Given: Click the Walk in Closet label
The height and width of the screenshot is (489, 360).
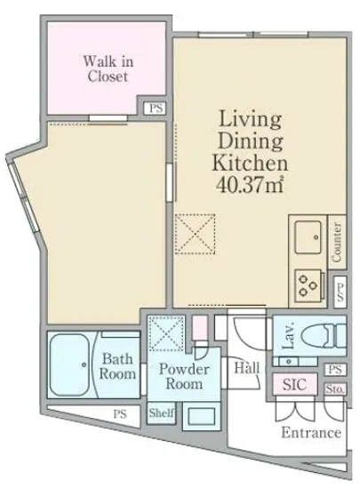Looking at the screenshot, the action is click(108, 69).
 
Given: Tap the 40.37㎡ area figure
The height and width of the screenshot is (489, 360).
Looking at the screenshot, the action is click(250, 185).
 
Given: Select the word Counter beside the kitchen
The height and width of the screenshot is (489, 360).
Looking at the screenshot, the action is click(337, 242).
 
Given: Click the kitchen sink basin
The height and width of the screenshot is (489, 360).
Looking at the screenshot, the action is click(308, 237).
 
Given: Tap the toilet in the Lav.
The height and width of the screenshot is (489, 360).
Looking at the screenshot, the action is click(324, 335).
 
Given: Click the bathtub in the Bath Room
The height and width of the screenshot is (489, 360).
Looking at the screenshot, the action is click(70, 365).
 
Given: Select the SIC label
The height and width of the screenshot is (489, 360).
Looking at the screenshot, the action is click(294, 384).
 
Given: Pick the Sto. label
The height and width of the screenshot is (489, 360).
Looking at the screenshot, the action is click(335, 389).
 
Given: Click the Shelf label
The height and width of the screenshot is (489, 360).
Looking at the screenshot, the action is click(161, 413).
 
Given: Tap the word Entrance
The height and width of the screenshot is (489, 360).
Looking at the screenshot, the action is click(311, 433).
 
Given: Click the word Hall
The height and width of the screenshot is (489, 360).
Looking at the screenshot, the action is click(247, 368).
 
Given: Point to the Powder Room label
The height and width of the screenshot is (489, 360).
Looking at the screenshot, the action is click(184, 376).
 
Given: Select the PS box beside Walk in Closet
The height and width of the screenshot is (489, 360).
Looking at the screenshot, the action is click(156, 108).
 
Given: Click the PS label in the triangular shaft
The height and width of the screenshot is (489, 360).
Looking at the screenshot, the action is click(120, 413).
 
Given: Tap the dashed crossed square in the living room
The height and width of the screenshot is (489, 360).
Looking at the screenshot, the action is click(195, 234).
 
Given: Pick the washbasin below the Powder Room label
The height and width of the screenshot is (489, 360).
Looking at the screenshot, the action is click(202, 416).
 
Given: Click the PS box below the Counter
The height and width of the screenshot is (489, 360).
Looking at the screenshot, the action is click(340, 292).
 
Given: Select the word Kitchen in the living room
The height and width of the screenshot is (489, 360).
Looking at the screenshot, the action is click(250, 163).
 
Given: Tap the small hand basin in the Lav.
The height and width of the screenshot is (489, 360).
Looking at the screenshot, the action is click(288, 362).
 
